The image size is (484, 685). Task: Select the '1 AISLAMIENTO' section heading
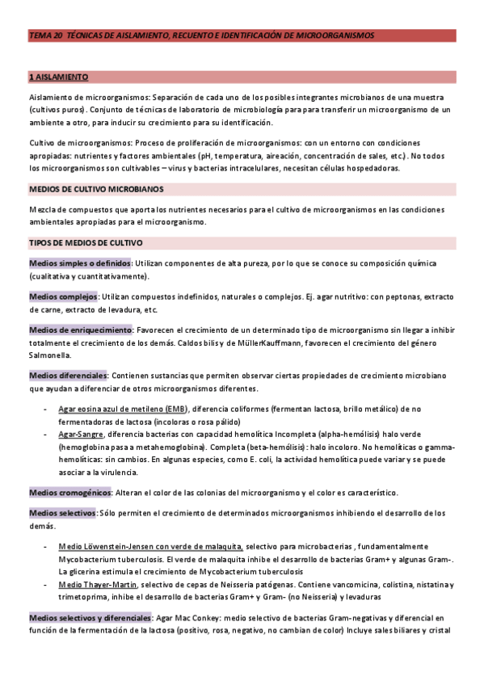tap(59, 77)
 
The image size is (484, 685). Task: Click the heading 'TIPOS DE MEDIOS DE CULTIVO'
tap(86, 242)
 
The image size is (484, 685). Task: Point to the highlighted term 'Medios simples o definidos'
tap(80, 264)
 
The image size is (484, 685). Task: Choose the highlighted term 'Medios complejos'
tap(63, 297)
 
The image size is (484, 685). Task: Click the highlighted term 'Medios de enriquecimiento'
tap(80, 330)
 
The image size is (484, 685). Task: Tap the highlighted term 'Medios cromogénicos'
tap(69, 493)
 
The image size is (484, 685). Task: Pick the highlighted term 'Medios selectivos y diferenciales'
tap(90, 617)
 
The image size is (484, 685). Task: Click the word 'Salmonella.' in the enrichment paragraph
tap(50, 355)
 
